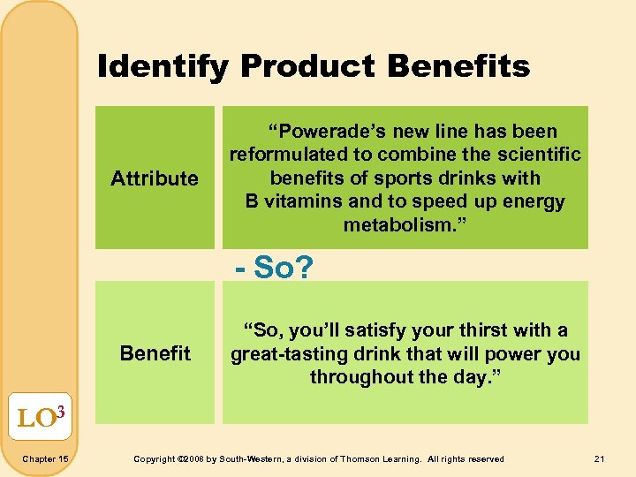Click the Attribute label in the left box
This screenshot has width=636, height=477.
[x=155, y=178]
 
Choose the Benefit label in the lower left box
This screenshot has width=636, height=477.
[x=155, y=353]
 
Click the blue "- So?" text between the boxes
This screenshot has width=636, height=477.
[x=273, y=266]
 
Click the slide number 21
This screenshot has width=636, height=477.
[x=601, y=458]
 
